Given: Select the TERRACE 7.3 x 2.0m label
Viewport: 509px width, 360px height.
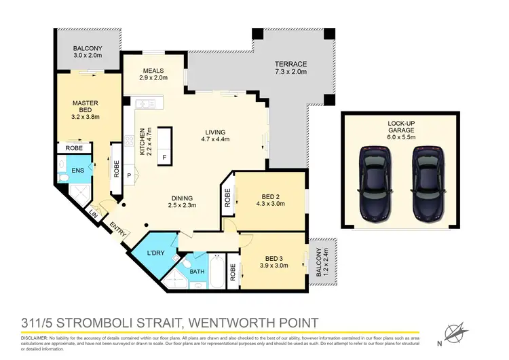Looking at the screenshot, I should point(290,67).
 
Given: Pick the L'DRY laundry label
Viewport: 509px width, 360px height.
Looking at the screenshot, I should point(156,253).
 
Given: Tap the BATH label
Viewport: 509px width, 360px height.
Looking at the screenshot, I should point(197,272).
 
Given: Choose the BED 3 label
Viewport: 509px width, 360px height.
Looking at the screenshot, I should point(273,262).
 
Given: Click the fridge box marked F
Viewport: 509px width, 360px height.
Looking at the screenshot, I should point(164,158).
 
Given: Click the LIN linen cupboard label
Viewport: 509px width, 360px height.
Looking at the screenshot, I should point(93,215).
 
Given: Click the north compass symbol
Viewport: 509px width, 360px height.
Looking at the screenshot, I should point(455,332).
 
